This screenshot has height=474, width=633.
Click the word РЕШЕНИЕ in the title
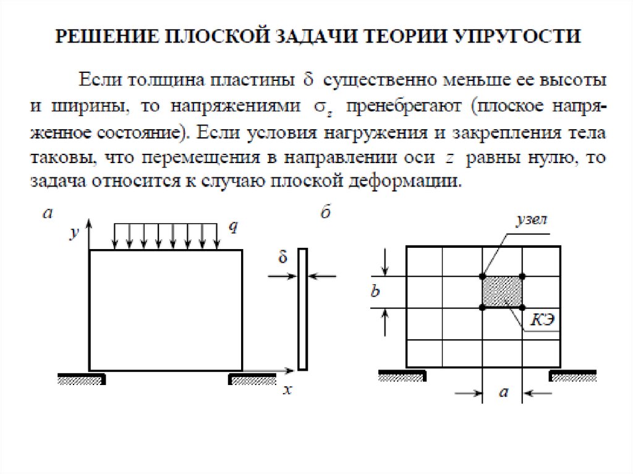tap(102, 35)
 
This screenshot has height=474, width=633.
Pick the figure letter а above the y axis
tap(48, 214)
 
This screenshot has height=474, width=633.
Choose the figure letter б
tap(326, 214)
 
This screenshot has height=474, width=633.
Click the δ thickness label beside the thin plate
tap(283, 258)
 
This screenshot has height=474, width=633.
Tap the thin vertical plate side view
tap(302, 309)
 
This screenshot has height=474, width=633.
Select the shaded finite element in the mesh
tap(502, 291)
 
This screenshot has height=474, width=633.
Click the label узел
tap(532, 221)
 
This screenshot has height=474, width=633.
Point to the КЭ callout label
tap(542, 320)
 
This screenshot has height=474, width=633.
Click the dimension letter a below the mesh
tap(503, 392)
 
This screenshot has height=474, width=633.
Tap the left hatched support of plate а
tap(80, 379)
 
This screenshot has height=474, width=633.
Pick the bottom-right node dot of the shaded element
tap(522, 307)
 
